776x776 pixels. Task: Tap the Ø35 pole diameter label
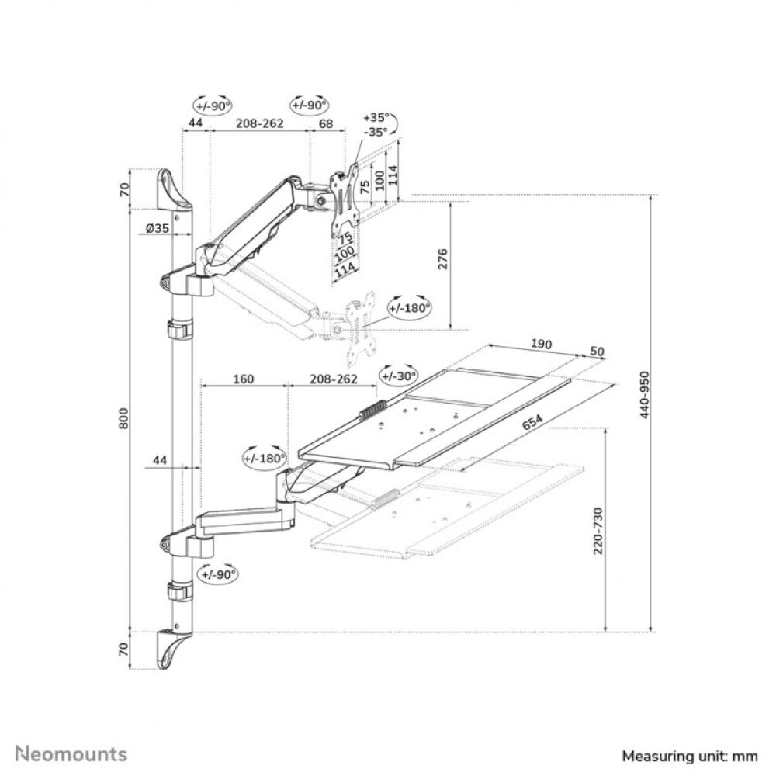158,228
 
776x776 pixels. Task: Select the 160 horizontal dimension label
243,379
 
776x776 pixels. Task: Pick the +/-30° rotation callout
398,376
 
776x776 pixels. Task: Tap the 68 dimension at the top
326,123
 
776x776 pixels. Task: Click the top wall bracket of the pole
174,189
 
